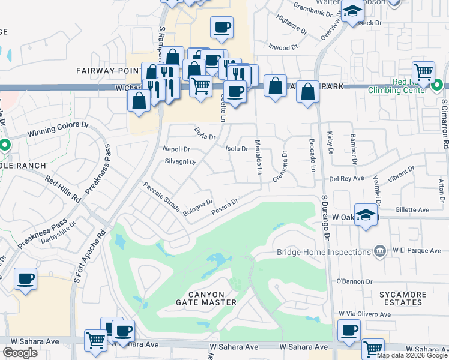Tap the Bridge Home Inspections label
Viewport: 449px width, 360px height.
[323, 253]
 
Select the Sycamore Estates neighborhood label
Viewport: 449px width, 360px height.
[403, 298]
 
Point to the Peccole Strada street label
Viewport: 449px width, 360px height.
[161, 199]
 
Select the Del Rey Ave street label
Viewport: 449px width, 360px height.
[346, 178]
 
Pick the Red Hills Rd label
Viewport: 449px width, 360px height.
[62, 188]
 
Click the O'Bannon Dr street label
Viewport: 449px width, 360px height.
[354, 281]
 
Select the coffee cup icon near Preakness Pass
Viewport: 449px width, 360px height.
[25, 279]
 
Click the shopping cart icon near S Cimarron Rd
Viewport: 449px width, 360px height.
[424, 73]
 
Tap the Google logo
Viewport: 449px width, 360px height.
[20, 353]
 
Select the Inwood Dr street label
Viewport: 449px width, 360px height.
[279, 46]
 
